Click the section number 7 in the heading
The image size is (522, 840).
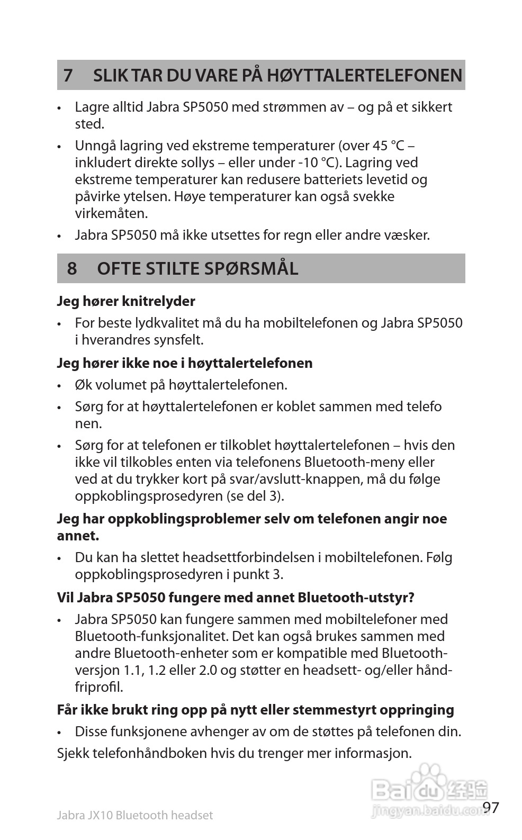click(68, 75)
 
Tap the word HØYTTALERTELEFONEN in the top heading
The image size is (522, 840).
click(364, 75)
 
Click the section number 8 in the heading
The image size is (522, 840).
click(72, 268)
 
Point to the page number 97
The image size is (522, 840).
click(491, 808)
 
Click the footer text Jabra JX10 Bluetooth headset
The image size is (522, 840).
click(134, 815)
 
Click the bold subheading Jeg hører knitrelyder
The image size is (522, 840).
click(126, 301)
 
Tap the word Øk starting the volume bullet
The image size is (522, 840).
click(83, 385)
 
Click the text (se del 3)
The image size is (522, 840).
click(255, 496)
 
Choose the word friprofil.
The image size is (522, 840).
click(98, 687)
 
